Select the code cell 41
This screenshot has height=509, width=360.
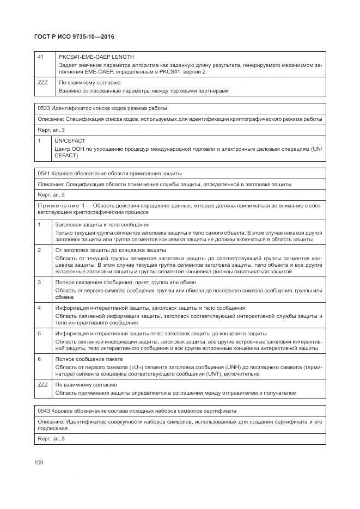tap(41, 57)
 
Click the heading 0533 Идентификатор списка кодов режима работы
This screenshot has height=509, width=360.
tap(102, 108)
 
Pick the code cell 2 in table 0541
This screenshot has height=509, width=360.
tap(39, 250)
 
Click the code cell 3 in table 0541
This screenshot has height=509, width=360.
tap(39, 282)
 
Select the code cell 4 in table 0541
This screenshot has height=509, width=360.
tap(39, 308)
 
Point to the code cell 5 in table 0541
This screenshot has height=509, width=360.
tap(39, 333)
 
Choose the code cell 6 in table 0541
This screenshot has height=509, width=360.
tap(39, 359)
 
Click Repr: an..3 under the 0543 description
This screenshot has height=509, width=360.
tap(51, 438)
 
